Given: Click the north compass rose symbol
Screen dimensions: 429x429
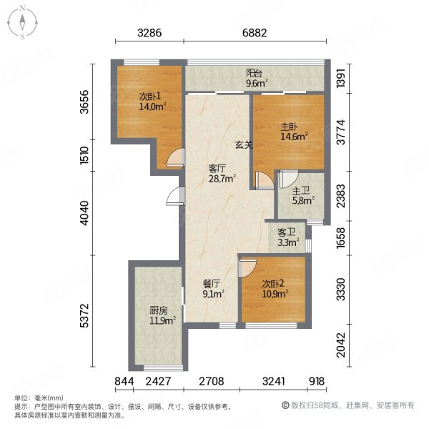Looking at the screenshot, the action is [x=22, y=22].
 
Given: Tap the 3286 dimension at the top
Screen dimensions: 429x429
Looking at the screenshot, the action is [x=149, y=33].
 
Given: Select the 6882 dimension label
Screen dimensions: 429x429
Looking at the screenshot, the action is [x=255, y=33].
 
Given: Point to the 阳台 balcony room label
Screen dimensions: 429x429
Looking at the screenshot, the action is [x=254, y=73].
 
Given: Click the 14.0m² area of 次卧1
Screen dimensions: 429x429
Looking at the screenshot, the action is [x=153, y=106].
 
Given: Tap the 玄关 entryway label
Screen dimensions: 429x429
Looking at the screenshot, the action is [x=244, y=144].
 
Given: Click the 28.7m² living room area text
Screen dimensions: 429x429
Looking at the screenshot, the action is [x=222, y=178].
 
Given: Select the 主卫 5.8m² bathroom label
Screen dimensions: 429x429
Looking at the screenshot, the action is [x=302, y=196].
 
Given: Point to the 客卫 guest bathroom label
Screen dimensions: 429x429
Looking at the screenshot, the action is [x=286, y=232].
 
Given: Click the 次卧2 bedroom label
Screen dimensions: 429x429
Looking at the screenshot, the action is [x=273, y=284].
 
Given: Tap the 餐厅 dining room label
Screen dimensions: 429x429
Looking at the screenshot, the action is [x=211, y=284].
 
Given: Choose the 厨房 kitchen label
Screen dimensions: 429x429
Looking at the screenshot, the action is [x=159, y=310].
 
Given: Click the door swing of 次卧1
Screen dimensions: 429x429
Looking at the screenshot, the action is [x=175, y=157].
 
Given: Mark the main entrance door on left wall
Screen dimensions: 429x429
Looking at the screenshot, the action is [x=175, y=196].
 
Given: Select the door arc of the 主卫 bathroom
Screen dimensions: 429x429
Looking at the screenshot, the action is [x=288, y=179].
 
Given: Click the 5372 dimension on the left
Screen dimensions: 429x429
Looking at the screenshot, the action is [x=85, y=315].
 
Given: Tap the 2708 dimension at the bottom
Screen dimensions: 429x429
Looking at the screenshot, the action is [x=211, y=381].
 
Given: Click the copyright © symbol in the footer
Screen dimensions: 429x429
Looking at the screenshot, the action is [x=285, y=405].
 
